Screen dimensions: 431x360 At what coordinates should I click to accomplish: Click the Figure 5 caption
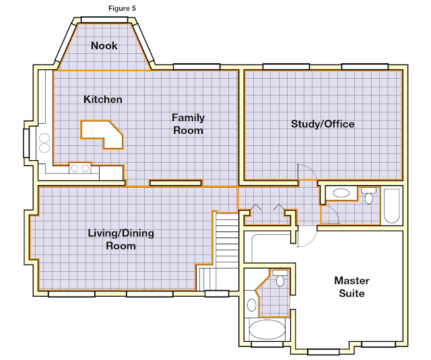pos(122,8)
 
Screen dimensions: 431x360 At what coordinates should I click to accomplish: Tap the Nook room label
pos(104,46)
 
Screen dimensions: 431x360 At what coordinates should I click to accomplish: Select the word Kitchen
pos(103,99)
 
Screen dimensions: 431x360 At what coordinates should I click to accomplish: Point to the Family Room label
pos(189,124)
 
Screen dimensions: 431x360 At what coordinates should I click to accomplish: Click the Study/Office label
pos(323,124)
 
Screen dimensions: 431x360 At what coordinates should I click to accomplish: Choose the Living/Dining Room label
pos(121,239)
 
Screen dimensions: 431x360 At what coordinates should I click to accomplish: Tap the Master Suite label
pos(352,287)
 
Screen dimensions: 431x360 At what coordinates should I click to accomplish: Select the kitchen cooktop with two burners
pos(80,168)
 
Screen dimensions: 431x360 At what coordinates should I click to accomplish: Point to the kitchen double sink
pos(44,143)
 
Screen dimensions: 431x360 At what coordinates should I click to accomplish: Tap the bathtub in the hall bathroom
pos(392,205)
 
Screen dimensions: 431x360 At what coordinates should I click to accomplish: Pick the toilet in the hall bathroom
pos(368,196)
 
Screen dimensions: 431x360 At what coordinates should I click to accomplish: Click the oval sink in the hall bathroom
pos(341,192)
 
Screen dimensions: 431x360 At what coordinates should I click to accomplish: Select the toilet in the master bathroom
pos(280,278)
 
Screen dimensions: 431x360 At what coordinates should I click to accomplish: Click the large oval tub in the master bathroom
pos(267,330)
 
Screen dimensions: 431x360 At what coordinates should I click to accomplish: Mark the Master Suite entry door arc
pos(310,240)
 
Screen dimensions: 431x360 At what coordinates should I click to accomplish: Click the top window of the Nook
pos(104,20)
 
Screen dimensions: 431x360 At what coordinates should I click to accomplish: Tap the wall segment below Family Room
pos(176,183)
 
